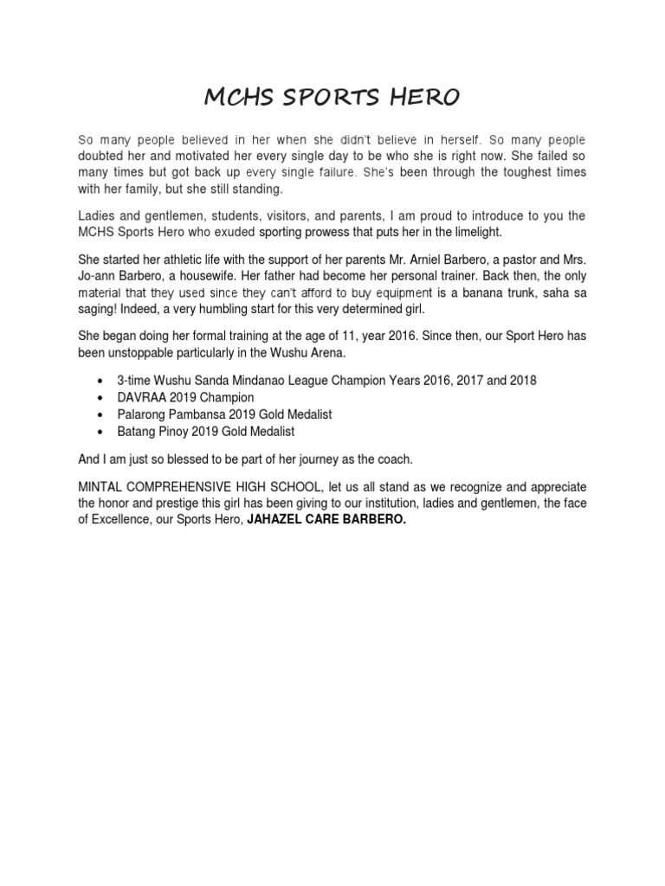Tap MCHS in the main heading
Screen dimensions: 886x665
pyautogui.click(x=237, y=98)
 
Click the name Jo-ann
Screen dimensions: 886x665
pyautogui.click(x=98, y=276)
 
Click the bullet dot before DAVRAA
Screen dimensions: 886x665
pyautogui.click(x=103, y=398)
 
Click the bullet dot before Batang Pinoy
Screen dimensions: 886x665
pyautogui.click(x=103, y=431)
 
